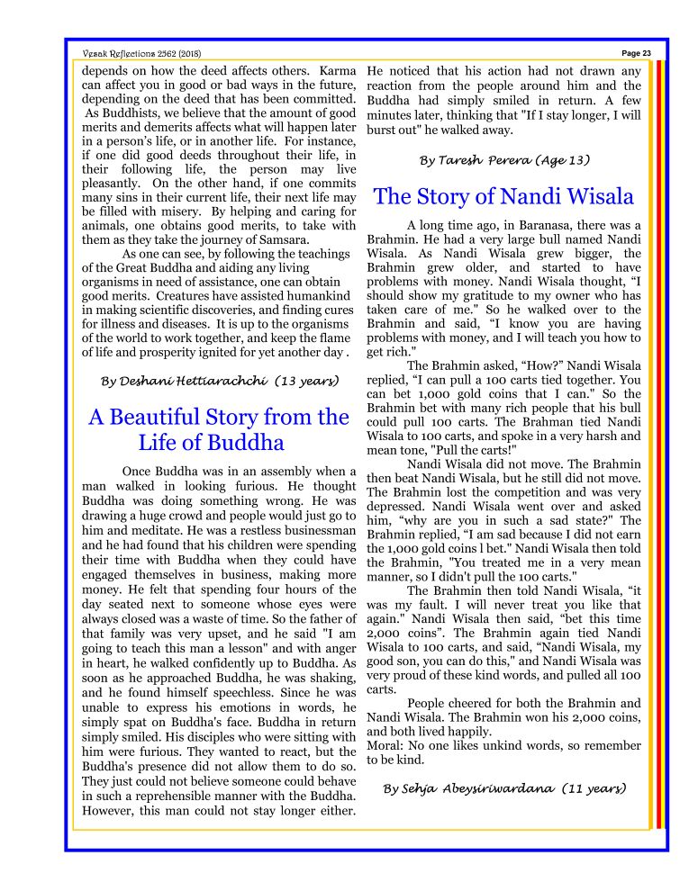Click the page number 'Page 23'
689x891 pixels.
637,53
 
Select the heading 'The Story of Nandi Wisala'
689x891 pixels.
503,196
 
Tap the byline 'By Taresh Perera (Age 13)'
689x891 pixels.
504,160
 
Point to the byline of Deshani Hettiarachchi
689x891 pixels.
220,382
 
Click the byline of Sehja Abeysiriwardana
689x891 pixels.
504,788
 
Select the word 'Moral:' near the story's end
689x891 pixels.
386,745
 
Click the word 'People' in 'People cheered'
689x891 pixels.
428,703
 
